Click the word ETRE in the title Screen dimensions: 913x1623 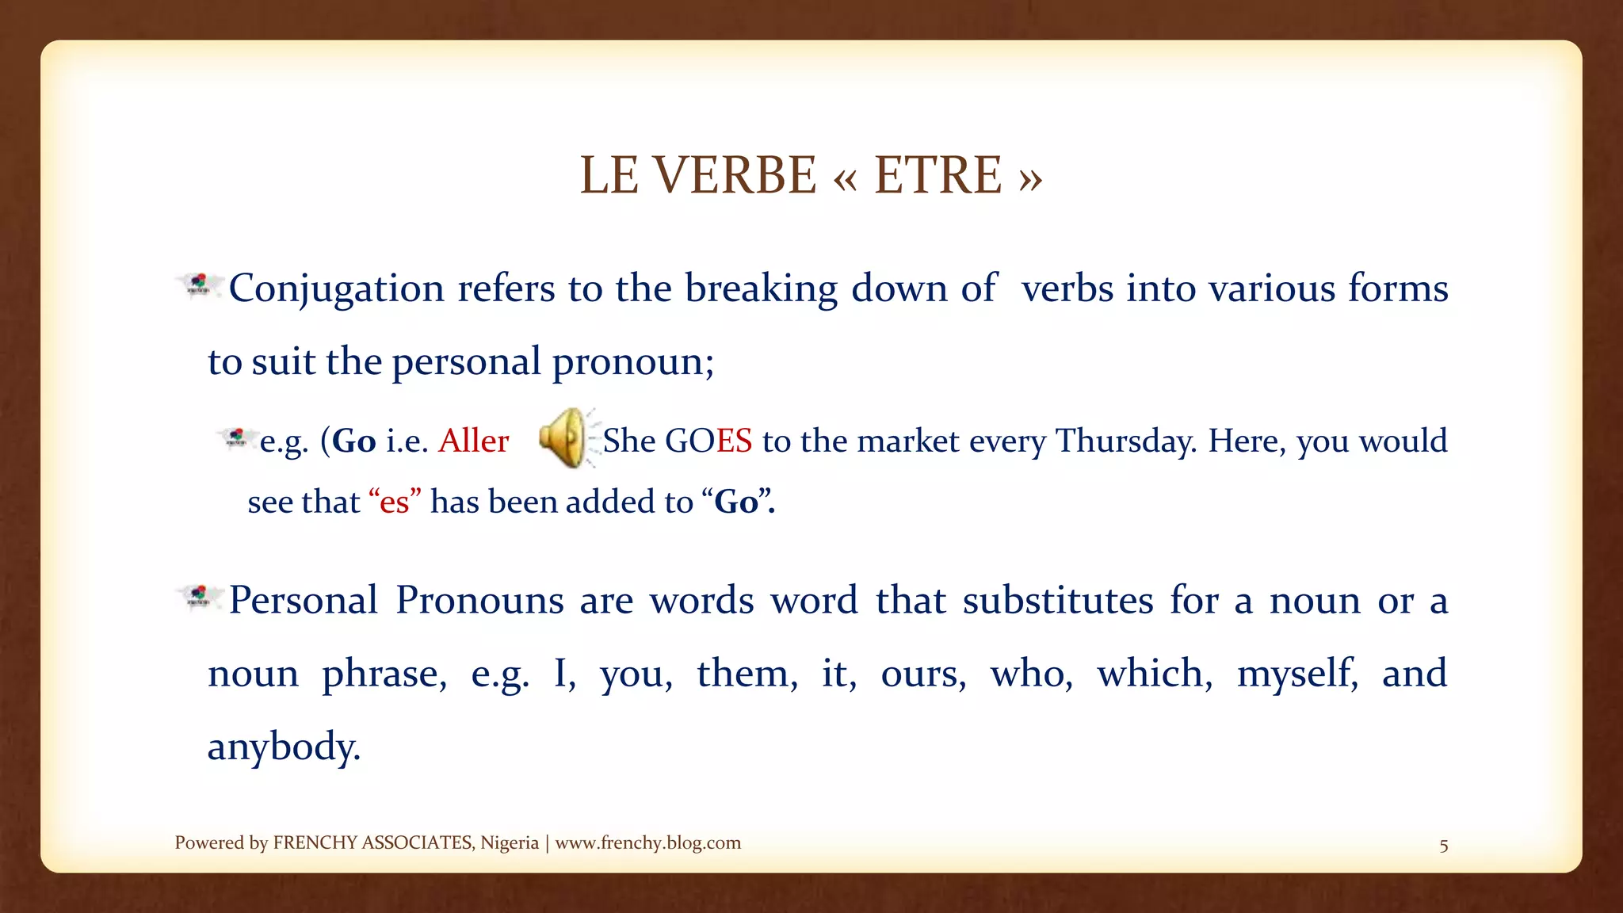[938, 175]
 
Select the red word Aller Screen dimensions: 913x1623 [474, 441]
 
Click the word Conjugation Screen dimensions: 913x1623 [336, 288]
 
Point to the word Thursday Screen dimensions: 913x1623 [1126, 441]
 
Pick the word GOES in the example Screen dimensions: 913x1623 [708, 441]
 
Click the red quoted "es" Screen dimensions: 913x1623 [395, 502]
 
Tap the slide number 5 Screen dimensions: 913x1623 [1444, 846]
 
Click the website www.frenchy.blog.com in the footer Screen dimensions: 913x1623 [648, 842]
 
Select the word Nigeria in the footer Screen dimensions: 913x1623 [510, 842]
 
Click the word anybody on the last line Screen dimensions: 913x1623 [284, 747]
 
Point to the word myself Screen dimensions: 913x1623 [1297, 674]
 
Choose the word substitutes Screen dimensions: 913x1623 [1058, 600]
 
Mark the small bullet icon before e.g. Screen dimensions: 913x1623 [235, 438]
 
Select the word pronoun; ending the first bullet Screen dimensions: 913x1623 [633, 362]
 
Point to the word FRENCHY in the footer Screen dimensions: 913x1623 [315, 842]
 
